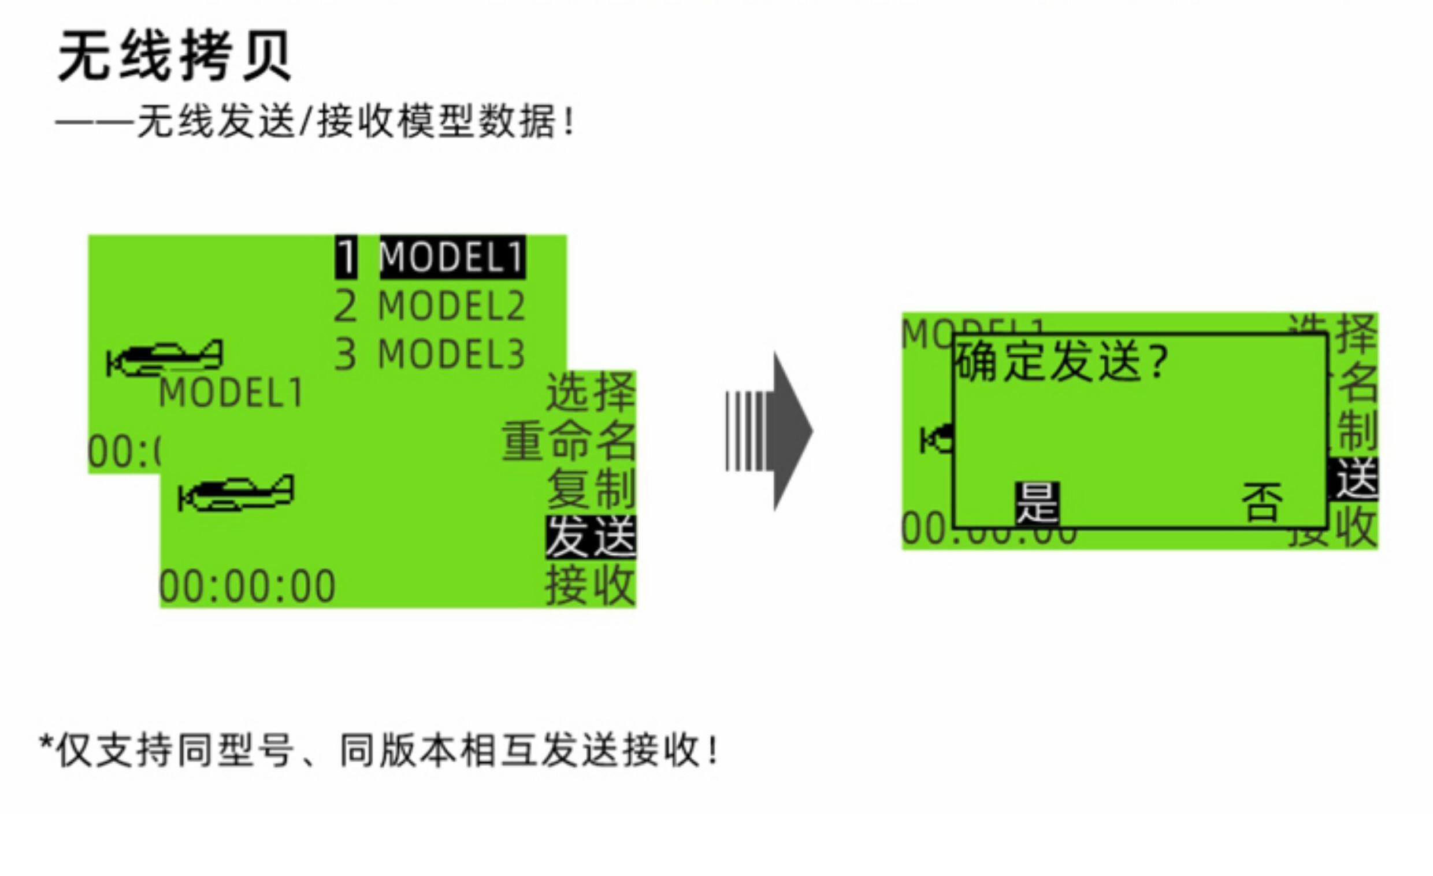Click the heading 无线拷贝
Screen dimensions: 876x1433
click(x=175, y=57)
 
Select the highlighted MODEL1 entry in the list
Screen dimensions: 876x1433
click(x=452, y=257)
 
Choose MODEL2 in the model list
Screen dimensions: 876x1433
click(x=452, y=306)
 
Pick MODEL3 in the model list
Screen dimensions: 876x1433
click(x=452, y=354)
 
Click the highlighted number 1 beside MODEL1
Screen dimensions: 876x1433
click(x=346, y=257)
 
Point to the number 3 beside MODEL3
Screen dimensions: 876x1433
click(x=346, y=354)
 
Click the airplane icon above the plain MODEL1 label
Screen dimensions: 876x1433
click(x=165, y=358)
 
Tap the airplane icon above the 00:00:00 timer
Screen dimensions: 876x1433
click(x=236, y=494)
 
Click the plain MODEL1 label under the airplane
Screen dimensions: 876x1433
click(x=231, y=393)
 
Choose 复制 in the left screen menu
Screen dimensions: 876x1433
click(x=591, y=489)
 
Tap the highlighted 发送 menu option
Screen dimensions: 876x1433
click(x=591, y=537)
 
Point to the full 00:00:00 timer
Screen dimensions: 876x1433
click(x=248, y=587)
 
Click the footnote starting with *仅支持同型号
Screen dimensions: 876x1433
click(x=378, y=751)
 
